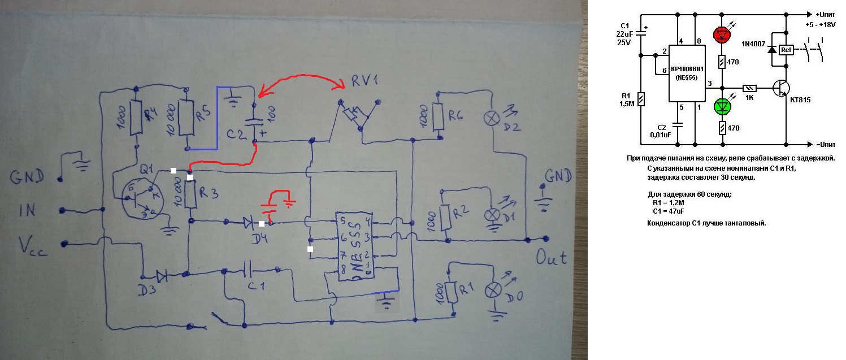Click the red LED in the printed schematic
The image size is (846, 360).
(x=722, y=34)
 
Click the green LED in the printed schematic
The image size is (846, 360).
(x=722, y=106)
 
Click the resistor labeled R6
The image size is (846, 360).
(x=436, y=116)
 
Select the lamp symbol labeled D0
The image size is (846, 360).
(x=493, y=290)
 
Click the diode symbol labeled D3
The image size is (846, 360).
(x=162, y=276)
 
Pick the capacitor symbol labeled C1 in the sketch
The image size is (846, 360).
(x=248, y=269)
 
